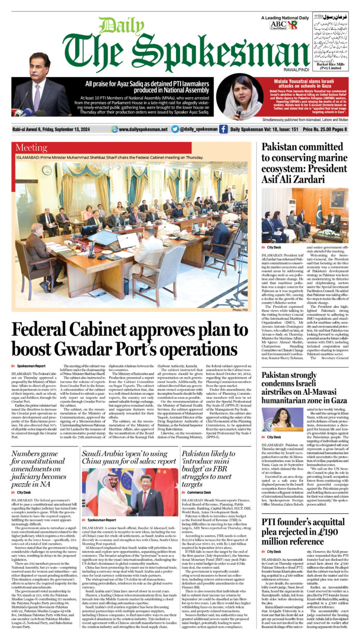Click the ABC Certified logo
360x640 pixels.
(x=278, y=24)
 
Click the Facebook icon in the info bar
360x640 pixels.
(x=223, y=129)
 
